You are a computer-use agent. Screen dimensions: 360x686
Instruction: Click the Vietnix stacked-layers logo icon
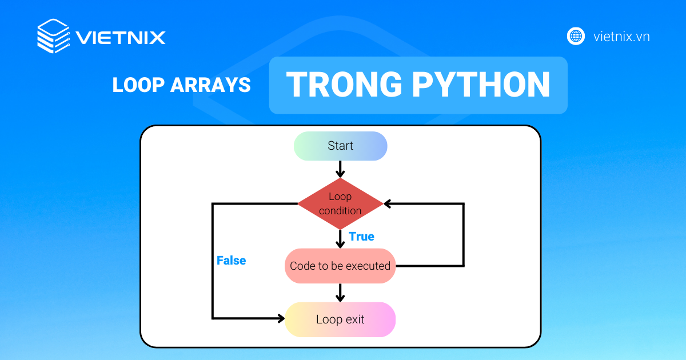coord(53,37)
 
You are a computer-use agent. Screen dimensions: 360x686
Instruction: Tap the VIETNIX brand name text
coord(121,38)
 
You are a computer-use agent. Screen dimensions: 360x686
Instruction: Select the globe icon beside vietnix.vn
coord(576,36)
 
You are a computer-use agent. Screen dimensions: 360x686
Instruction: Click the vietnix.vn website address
coord(621,37)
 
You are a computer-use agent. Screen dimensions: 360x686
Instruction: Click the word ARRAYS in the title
coord(211,85)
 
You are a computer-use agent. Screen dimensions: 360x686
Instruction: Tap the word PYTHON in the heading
coord(481,85)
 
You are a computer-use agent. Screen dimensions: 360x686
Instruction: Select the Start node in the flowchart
coord(340,146)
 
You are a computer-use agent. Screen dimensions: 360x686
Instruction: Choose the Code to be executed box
coord(340,266)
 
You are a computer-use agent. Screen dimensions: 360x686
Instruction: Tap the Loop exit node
coord(340,319)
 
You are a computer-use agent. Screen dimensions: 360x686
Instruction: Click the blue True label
coord(361,237)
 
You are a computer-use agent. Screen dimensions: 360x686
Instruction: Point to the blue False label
coord(231,261)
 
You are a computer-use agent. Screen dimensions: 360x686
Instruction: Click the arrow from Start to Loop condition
coord(340,169)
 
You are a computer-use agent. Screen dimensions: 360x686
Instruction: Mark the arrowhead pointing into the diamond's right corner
coord(388,203)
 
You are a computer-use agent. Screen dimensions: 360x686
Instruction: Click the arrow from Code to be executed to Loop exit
coord(340,293)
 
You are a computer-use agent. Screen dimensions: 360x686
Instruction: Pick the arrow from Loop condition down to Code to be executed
coord(340,239)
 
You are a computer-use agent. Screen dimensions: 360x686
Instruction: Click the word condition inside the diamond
coord(340,211)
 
